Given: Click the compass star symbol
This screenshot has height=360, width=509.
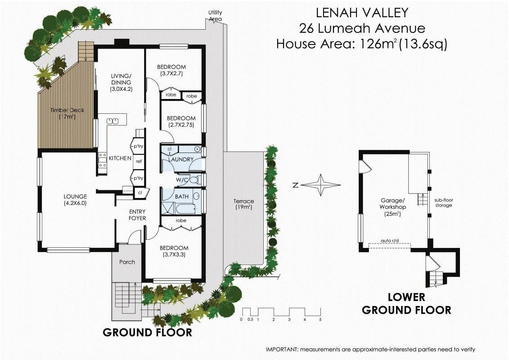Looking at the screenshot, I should [x=321, y=185].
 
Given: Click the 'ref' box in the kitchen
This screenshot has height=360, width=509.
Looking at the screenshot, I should [x=139, y=161].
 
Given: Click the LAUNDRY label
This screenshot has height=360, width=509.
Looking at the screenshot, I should [x=181, y=159].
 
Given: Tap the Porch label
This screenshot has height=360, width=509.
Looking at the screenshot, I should [x=127, y=262].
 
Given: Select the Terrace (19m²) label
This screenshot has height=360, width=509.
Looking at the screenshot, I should [x=243, y=204].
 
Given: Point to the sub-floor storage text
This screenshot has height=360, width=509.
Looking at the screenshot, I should [x=443, y=202].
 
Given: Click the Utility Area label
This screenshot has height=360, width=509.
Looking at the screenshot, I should [x=215, y=16].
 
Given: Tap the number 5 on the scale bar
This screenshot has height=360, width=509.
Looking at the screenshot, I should [x=320, y=319].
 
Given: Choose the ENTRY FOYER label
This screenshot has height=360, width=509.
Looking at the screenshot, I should [x=137, y=215].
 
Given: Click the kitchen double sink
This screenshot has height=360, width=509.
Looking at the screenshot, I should [x=113, y=121].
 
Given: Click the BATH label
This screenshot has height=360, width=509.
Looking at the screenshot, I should [x=182, y=197].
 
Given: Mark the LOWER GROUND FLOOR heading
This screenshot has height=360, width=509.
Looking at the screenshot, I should [x=406, y=303].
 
